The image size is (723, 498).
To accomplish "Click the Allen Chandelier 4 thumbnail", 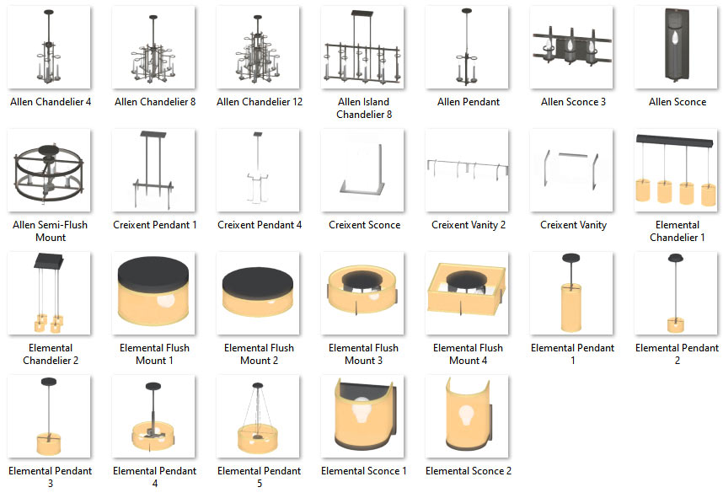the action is [x=49, y=47].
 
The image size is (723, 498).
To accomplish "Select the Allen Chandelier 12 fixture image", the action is [x=258, y=47].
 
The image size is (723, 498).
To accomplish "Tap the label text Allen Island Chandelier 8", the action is [x=364, y=108].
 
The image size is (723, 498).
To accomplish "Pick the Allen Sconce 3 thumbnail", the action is [x=571, y=47].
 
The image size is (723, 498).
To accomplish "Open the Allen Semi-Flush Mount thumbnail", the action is [x=49, y=170].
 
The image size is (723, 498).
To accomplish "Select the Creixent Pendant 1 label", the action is [x=155, y=225].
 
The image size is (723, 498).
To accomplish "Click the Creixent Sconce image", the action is [x=362, y=170].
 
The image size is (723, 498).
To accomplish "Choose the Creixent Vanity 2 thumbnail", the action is [x=467, y=170].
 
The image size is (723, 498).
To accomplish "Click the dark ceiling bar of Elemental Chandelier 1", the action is [x=675, y=141].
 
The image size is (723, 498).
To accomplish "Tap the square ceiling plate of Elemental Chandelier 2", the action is [x=48, y=261].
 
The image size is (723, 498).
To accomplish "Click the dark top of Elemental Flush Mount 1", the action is [x=153, y=274].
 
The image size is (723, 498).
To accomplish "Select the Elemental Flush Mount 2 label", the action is [x=260, y=354].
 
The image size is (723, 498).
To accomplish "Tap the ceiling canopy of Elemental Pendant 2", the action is [x=676, y=258].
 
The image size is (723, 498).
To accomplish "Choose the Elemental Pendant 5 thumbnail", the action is [x=258, y=416].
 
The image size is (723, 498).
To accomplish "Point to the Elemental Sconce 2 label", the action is [x=469, y=471].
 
